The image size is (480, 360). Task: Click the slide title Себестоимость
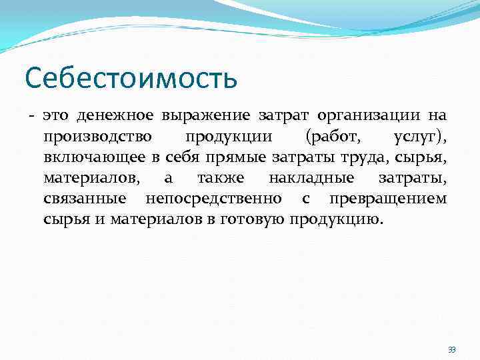[131, 77]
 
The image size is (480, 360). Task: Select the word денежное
[105, 116]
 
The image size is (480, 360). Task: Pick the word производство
[97, 137]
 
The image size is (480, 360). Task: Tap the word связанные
[85, 200]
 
